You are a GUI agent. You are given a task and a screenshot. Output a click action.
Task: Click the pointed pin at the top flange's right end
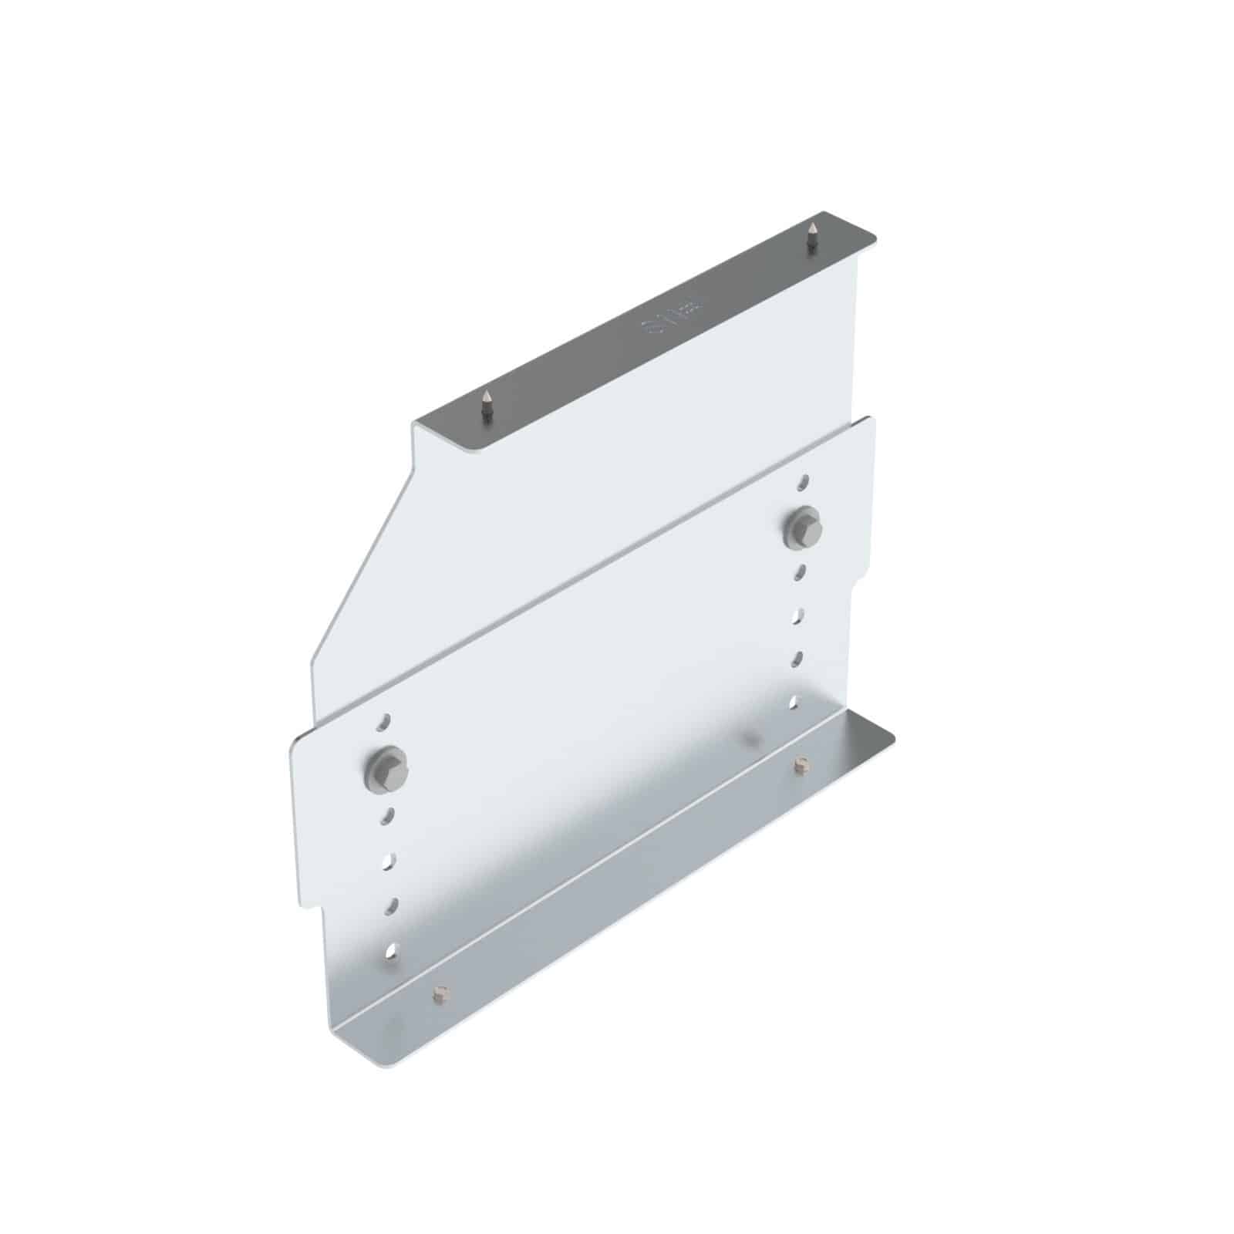click(x=811, y=235)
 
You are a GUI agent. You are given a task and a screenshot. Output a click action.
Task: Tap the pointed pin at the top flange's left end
click(x=486, y=405)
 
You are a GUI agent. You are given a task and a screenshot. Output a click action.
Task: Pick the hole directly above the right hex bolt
click(x=804, y=480)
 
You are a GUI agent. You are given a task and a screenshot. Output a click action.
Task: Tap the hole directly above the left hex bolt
click(x=383, y=723)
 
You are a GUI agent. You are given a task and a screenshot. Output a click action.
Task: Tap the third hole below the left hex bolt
click(x=392, y=903)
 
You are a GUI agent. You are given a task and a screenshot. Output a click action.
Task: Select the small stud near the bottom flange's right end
click(x=801, y=765)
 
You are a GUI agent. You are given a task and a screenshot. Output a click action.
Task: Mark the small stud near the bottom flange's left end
click(x=440, y=994)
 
